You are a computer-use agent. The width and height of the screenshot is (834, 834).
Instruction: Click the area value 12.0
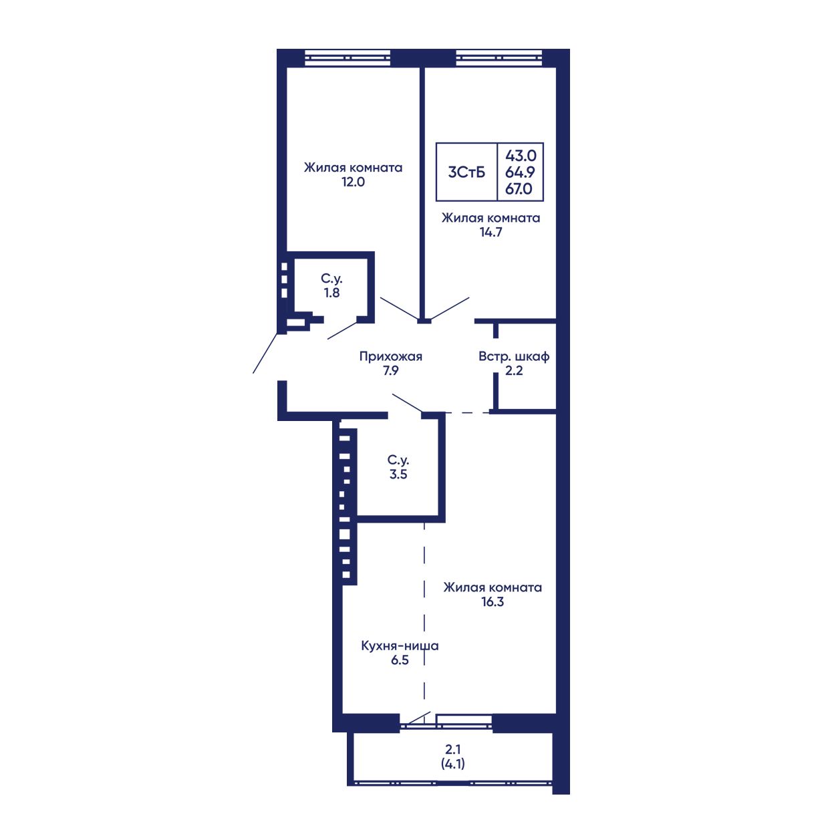click(353, 182)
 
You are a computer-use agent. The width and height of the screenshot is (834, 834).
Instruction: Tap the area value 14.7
click(491, 232)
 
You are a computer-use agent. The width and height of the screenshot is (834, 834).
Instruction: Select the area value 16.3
click(493, 601)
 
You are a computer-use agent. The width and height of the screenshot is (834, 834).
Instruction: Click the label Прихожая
click(390, 357)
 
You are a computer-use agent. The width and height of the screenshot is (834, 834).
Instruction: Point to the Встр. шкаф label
click(514, 357)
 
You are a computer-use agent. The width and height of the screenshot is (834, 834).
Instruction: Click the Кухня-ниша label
click(400, 646)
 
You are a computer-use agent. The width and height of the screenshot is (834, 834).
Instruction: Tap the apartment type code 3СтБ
click(466, 172)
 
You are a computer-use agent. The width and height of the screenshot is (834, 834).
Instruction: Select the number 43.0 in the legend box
click(521, 156)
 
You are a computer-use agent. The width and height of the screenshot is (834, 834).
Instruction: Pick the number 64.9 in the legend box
click(520, 172)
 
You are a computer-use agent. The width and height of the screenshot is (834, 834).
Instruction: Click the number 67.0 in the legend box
click(519, 188)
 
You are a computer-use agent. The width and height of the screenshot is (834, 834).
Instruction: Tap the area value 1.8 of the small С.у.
click(332, 293)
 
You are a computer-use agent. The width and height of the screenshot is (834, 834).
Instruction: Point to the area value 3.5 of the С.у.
click(398, 474)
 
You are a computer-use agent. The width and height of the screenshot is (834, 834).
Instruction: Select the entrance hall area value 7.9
click(390, 370)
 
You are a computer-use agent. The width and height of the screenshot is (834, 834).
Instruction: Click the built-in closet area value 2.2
click(514, 370)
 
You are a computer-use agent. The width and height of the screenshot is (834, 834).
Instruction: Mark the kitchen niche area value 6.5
click(400, 660)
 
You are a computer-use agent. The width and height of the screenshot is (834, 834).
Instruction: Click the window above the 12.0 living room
click(347, 57)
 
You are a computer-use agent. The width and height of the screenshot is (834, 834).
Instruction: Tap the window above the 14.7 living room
click(499, 57)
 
